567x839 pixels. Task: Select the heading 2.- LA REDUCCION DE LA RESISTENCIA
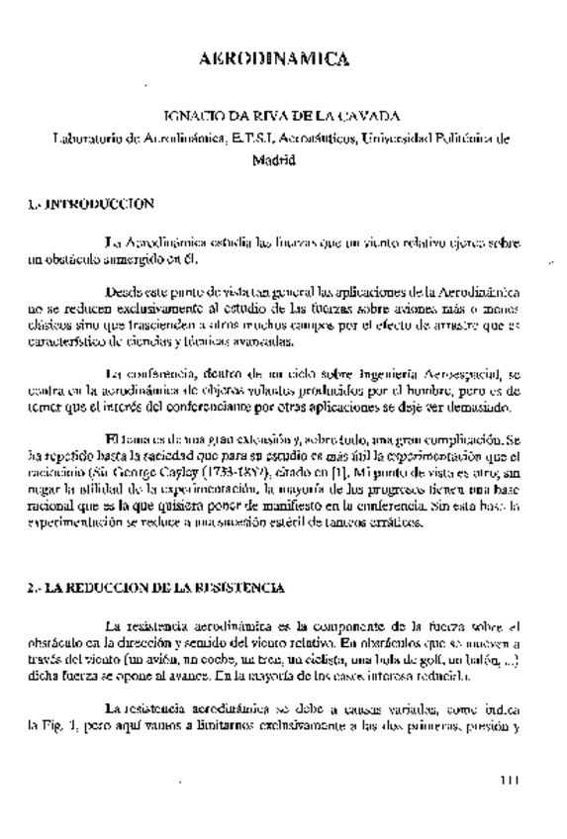[157, 588]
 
